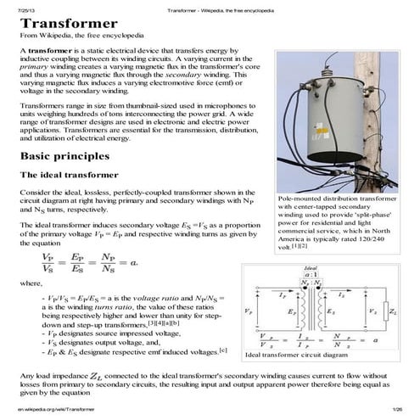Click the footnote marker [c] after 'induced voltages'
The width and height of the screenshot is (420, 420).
[222, 350]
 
